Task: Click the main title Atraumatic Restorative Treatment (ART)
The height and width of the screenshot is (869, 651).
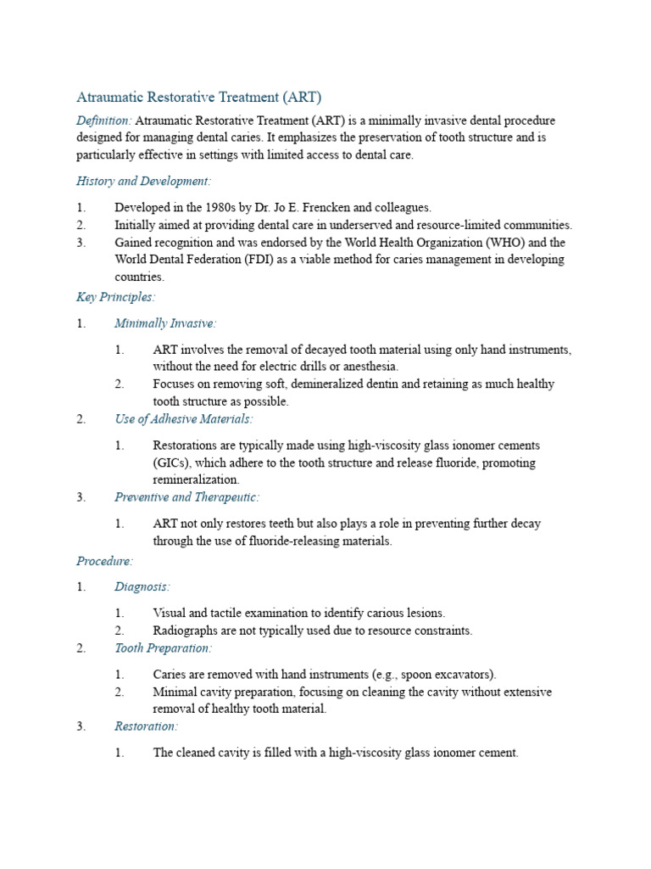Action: [x=199, y=97]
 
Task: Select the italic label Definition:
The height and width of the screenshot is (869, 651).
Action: [x=104, y=121]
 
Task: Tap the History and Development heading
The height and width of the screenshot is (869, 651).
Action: [x=144, y=181]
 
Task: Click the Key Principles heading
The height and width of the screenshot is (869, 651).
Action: [x=116, y=297]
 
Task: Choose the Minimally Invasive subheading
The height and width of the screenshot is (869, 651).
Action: [x=165, y=323]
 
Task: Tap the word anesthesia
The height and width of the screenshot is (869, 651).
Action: [x=369, y=367]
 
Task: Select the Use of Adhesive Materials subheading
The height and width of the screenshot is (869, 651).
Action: [x=184, y=419]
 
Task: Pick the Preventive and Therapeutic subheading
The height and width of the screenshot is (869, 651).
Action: [x=187, y=497]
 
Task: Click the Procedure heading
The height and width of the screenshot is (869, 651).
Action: [x=105, y=561]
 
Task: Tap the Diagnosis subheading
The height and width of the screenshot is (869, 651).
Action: [x=142, y=586]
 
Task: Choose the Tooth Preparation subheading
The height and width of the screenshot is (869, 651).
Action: [x=163, y=648]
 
